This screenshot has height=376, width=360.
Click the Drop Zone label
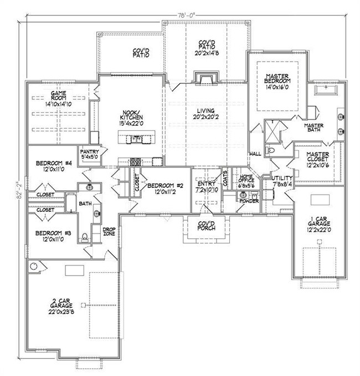pyautogui.click(x=109, y=231)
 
